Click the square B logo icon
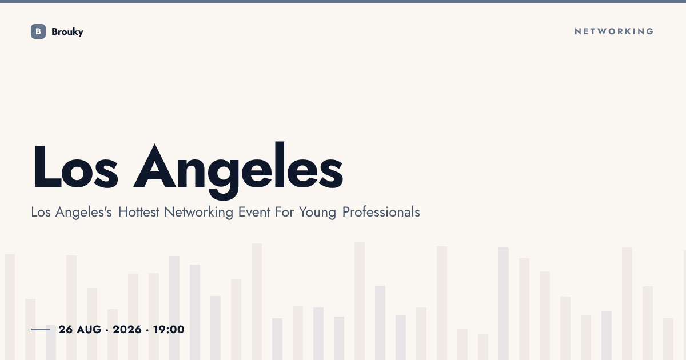[38, 31]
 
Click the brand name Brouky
[67, 32]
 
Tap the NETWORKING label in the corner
[614, 31]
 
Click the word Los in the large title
[75, 167]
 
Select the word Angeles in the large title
[238, 170]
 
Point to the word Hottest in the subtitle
[139, 212]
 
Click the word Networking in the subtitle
[198, 213]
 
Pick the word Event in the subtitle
[254, 212]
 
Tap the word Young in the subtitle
[317, 213]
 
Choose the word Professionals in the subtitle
[381, 212]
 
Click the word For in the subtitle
[285, 212]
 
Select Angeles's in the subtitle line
[83, 213]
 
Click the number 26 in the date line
[66, 330]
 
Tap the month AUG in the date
[89, 330]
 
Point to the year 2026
[127, 330]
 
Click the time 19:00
[169, 330]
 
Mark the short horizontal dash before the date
[41, 329]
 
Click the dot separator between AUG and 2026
[107, 330]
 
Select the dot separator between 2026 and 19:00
[147, 330]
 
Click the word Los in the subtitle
[41, 212]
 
